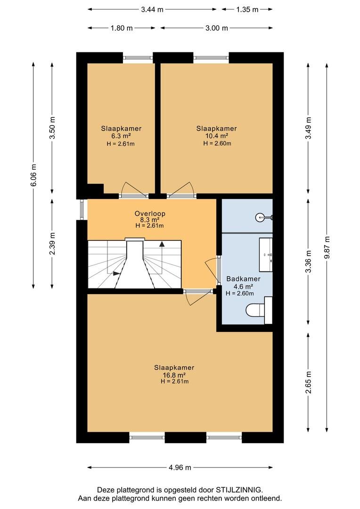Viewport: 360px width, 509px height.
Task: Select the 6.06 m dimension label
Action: click(33, 174)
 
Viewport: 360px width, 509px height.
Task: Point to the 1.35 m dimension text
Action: click(247, 9)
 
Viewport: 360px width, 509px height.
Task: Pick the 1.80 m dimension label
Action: click(121, 28)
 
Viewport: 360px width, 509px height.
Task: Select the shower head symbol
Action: click(262, 217)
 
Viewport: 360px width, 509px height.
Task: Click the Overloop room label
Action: click(149, 213)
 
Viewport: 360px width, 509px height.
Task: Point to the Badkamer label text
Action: click(240, 279)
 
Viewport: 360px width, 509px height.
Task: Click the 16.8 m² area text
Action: click(174, 375)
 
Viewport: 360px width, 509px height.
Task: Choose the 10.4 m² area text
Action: click(216, 136)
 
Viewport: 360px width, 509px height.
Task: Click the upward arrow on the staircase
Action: click(163, 244)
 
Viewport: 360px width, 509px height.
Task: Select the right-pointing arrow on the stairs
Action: click(116, 272)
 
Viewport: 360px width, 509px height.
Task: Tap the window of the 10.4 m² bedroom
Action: click(211, 58)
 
